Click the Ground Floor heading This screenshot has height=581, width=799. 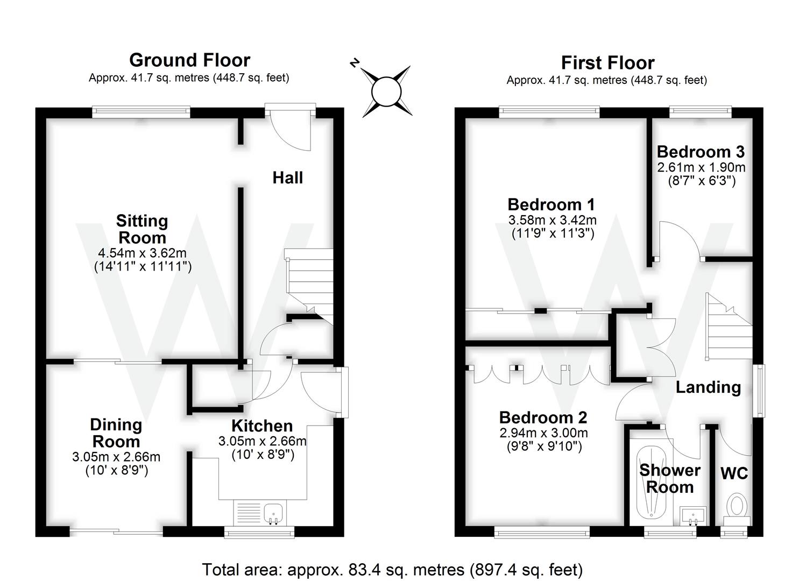tap(189, 60)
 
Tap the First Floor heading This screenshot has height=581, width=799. tap(607, 62)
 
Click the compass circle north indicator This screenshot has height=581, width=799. tap(386, 91)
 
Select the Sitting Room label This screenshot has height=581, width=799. tap(142, 229)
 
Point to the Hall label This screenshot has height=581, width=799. tap(287, 178)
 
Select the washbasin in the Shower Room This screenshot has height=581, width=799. tap(693, 515)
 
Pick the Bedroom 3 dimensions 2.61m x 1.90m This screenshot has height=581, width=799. tap(701, 167)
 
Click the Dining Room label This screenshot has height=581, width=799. tap(116, 433)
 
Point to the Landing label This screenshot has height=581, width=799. tap(708, 387)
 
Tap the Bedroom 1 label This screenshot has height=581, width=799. tap(551, 204)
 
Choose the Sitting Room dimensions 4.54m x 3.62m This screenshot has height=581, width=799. tap(142, 253)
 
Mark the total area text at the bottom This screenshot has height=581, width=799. tap(392, 569)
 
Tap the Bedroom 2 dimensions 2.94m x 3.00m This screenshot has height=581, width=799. tap(543, 433)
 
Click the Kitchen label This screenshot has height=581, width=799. tap(262, 426)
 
